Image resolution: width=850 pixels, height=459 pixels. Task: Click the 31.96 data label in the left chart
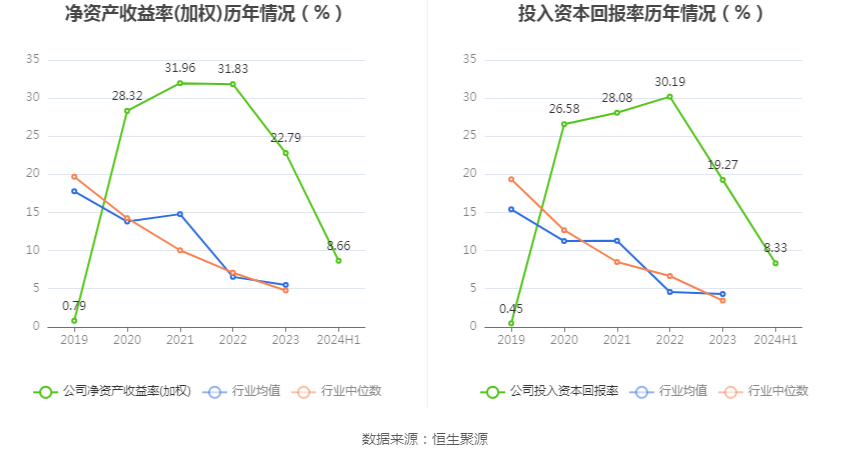pyautogui.click(x=180, y=67)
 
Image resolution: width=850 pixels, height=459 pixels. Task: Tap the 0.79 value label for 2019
pyautogui.click(x=74, y=306)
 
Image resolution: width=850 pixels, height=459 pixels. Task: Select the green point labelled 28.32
pyautogui.click(x=127, y=111)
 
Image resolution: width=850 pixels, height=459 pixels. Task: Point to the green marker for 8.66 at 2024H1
pyautogui.click(x=338, y=260)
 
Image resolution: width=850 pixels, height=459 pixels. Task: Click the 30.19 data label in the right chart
pyautogui.click(x=670, y=81)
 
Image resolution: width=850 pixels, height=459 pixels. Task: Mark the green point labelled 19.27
pyautogui.click(x=723, y=180)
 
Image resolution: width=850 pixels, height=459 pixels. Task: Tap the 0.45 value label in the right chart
pyautogui.click(x=511, y=309)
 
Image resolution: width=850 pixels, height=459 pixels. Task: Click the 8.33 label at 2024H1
pyautogui.click(x=775, y=247)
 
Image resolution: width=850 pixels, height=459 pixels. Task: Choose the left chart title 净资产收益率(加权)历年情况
pyautogui.click(x=204, y=14)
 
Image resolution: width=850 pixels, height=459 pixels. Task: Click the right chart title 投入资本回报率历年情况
pyautogui.click(x=641, y=14)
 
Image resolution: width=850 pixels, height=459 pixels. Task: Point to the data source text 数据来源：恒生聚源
pyautogui.click(x=425, y=439)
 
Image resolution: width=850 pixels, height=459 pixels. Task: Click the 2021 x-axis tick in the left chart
pyautogui.click(x=180, y=340)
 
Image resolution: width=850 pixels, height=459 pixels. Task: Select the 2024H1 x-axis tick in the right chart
pyautogui.click(x=775, y=340)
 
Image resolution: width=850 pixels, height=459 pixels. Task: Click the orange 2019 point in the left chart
pyautogui.click(x=74, y=177)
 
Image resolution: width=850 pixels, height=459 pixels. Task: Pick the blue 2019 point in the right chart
pyautogui.click(x=511, y=209)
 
